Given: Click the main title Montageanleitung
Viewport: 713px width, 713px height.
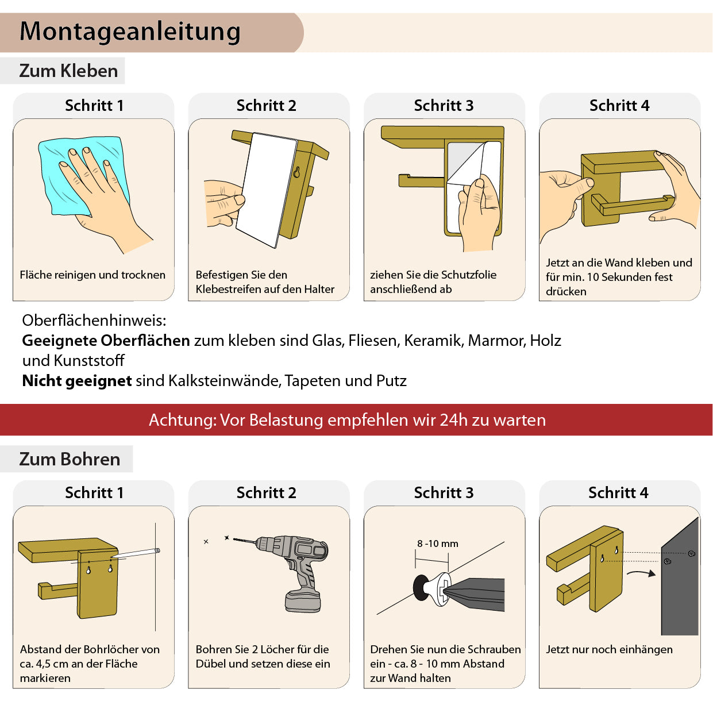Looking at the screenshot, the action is pyautogui.click(x=130, y=32).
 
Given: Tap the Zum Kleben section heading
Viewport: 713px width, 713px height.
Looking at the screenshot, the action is pyautogui.click(x=68, y=71).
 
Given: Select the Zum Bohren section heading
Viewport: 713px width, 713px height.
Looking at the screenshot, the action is pyautogui.click(x=70, y=459).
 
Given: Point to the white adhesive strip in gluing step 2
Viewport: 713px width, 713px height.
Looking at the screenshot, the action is pyautogui.click(x=267, y=190).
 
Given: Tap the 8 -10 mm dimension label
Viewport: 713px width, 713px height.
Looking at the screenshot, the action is pyautogui.click(x=438, y=544).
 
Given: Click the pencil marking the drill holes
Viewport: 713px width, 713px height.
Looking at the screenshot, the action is pyautogui.click(x=136, y=553).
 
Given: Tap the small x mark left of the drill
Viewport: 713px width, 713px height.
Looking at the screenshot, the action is pyautogui.click(x=206, y=542).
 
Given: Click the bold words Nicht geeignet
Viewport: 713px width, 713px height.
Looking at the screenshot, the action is pyautogui.click(x=76, y=381).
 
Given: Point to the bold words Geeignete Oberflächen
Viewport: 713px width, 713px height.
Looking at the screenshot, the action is pyautogui.click(x=106, y=340).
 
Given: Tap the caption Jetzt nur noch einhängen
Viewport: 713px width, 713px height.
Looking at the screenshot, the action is pyautogui.click(x=609, y=649).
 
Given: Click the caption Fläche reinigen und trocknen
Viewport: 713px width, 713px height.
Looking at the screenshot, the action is pyautogui.click(x=93, y=275).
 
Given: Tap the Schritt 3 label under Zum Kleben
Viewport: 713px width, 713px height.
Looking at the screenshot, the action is pyautogui.click(x=444, y=106).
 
